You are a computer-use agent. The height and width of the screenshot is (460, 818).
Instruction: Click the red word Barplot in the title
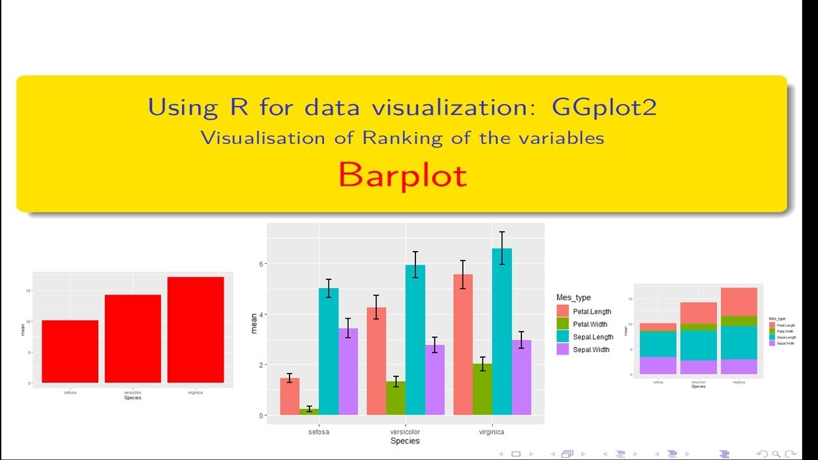click(403, 175)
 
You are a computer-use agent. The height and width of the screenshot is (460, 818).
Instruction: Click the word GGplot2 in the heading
click(604, 107)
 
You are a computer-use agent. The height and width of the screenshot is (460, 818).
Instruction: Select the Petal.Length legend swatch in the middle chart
click(563, 312)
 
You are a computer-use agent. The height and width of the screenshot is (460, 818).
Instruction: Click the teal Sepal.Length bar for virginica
click(502, 332)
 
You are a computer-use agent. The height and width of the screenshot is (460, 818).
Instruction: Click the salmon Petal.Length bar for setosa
click(289, 396)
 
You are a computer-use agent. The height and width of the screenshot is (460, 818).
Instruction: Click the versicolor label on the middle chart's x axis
click(405, 432)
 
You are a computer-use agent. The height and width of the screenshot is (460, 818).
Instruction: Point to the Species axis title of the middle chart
click(405, 441)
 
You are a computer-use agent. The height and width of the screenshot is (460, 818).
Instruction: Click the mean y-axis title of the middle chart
click(254, 326)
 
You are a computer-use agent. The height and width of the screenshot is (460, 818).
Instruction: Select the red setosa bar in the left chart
click(70, 351)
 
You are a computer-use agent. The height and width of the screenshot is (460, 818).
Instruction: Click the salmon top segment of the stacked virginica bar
click(739, 302)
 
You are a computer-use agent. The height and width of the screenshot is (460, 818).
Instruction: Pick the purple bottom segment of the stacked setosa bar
click(658, 365)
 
